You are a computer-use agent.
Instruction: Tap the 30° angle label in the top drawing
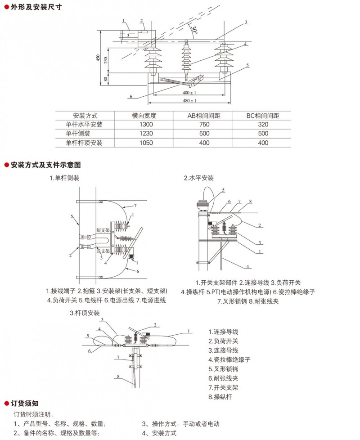click(x=194, y=30)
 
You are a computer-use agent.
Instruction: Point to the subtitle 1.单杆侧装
click(x=64, y=178)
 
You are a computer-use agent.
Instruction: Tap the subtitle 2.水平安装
click(x=199, y=178)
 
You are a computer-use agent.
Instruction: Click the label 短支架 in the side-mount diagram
click(x=103, y=230)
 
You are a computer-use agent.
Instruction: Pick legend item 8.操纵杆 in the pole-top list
click(x=220, y=397)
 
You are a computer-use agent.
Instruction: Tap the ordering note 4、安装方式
click(x=159, y=433)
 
